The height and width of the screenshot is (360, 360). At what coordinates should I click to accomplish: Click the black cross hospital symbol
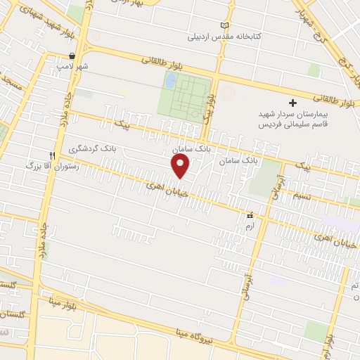[293, 103]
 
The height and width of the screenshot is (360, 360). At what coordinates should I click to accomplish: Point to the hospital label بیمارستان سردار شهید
[288, 114]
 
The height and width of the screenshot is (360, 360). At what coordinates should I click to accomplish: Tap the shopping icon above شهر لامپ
[72, 56]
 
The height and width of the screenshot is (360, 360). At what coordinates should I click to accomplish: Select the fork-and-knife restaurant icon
[52, 155]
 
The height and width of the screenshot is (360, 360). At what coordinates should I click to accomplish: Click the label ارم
[249, 226]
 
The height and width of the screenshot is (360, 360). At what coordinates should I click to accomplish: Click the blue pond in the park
[169, 81]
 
